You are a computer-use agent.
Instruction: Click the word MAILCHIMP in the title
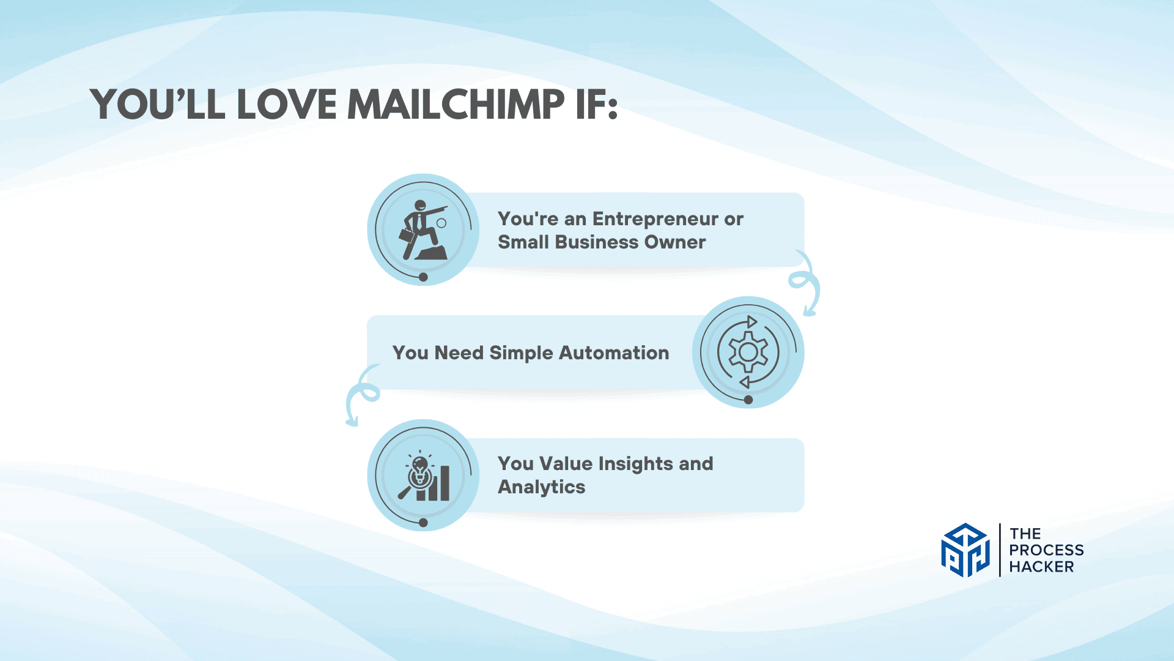pos(456,104)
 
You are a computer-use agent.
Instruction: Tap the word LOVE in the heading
pos(287,104)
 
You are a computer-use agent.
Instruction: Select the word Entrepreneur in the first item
pos(655,220)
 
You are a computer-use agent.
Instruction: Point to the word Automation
pos(614,353)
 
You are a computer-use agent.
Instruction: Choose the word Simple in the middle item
pos(522,354)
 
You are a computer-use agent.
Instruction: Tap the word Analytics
pos(542,487)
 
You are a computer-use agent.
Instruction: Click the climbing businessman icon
pos(423,230)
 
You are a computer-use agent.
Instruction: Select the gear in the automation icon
pos(748,352)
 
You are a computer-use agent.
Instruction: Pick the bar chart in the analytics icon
pos(434,484)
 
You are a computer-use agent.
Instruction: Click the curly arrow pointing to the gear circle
pos(805,284)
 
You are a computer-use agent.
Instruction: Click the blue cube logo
pos(965,550)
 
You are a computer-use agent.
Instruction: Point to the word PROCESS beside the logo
pos(1046,550)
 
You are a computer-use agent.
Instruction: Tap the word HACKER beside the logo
pos(1041,567)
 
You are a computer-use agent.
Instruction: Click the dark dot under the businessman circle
pos(423,277)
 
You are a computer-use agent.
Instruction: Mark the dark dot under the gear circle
pos(748,400)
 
